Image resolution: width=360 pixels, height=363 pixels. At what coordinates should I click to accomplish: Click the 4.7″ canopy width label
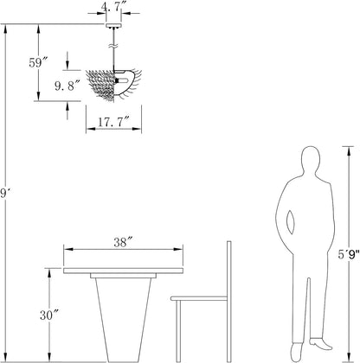111,7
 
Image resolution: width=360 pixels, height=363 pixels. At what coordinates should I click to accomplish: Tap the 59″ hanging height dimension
38,62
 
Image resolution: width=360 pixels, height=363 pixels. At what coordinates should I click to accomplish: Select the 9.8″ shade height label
67,86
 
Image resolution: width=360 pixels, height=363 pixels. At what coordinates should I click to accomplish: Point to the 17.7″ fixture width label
113,122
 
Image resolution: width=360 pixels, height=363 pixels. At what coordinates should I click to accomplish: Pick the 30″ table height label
49,315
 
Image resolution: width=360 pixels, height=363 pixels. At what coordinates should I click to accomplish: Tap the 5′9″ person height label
349,254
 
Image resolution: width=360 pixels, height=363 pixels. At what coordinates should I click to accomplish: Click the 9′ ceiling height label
3,193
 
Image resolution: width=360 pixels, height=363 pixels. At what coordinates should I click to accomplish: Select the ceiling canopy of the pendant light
114,26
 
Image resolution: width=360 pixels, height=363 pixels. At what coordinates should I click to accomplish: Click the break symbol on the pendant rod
113,46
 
